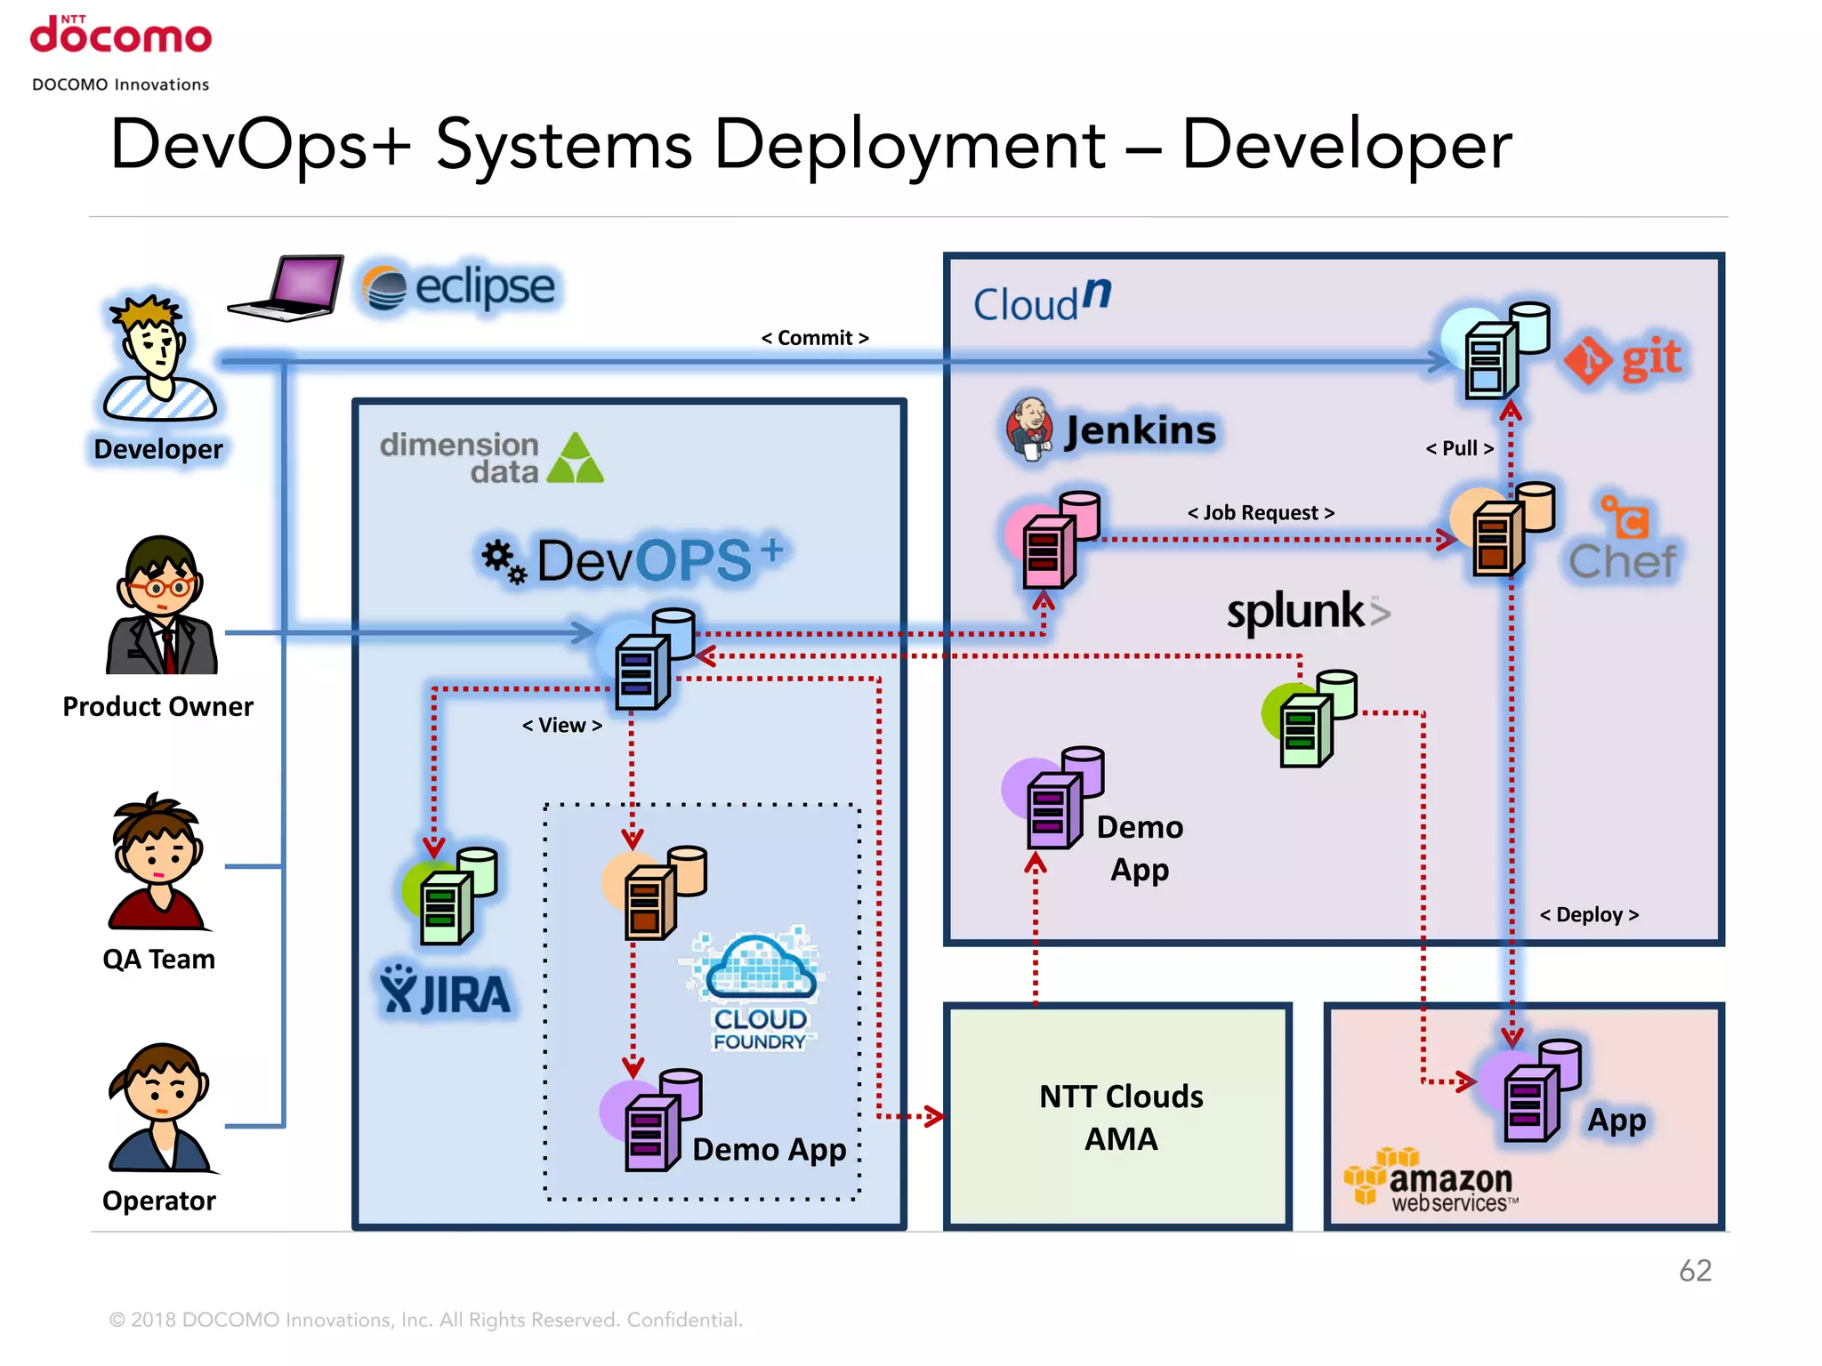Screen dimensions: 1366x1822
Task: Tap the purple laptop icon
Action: (x=287, y=287)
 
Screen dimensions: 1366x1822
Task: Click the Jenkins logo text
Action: (x=1141, y=430)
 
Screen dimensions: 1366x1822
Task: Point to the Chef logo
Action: (x=1623, y=541)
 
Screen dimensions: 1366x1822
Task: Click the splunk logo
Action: (x=1306, y=612)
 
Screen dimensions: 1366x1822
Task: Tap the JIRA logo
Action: (x=446, y=991)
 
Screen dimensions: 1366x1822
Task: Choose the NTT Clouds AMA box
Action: (x=1119, y=1117)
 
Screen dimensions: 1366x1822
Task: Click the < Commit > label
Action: (x=814, y=338)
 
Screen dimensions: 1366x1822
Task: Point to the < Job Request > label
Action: (x=1261, y=513)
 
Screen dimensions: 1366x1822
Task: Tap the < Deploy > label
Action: (x=1589, y=915)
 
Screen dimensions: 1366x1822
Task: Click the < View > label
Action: (x=561, y=726)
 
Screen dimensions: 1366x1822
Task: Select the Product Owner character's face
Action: (x=161, y=583)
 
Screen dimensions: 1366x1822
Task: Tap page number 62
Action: (x=1695, y=1271)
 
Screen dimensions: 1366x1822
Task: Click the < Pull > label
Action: (x=1459, y=448)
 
